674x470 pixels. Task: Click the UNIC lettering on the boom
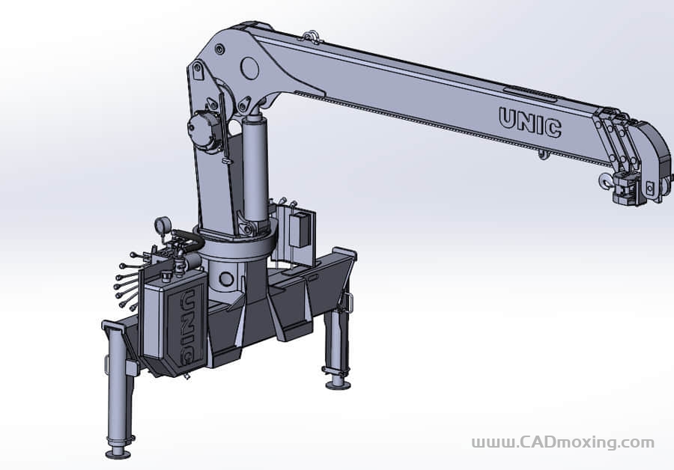point(529,123)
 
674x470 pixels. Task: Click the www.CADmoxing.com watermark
point(562,442)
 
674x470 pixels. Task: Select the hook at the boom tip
point(605,180)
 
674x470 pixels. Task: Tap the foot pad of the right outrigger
point(337,385)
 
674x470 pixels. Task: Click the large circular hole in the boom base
point(250,69)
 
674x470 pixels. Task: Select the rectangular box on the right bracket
point(301,229)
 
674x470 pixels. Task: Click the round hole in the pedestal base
point(225,281)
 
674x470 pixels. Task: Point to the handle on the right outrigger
point(348,301)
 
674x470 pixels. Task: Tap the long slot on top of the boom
point(529,94)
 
